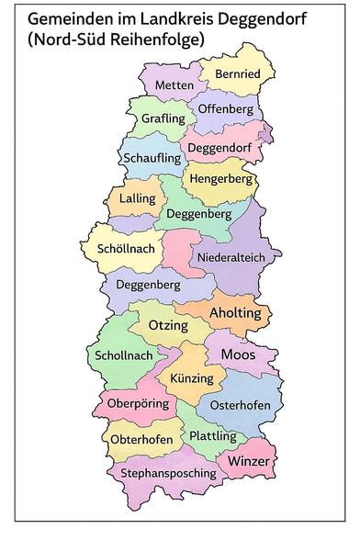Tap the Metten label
[x=174, y=85]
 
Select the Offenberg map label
[x=225, y=109]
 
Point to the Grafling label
[x=163, y=119]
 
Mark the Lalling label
[x=125, y=198]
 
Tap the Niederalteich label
[x=231, y=257]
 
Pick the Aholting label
[x=235, y=314]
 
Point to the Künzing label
[x=191, y=378]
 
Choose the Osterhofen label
[x=240, y=405]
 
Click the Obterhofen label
[x=141, y=440]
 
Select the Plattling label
[x=212, y=435]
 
